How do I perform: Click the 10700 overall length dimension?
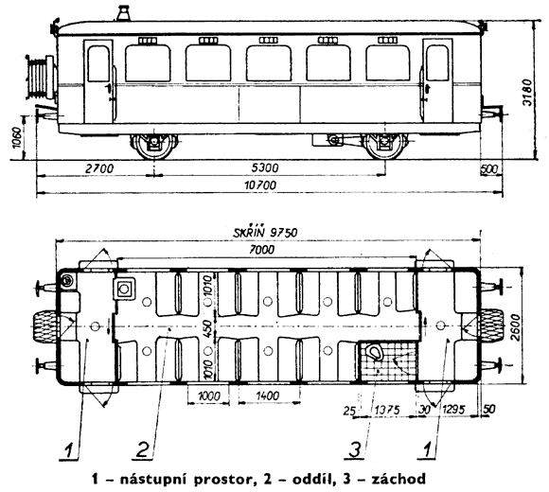pyautogui.click(x=260, y=185)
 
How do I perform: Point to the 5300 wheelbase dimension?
pyautogui.click(x=265, y=168)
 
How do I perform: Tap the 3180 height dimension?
pyautogui.click(x=527, y=93)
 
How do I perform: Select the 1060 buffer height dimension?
pyautogui.click(x=17, y=137)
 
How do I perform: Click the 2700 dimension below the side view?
pyautogui.click(x=99, y=168)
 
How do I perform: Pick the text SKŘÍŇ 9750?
pyautogui.click(x=265, y=232)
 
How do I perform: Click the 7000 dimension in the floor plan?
pyautogui.click(x=261, y=250)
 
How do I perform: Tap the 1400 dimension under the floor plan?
pyautogui.click(x=268, y=395)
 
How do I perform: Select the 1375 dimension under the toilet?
pyautogui.click(x=387, y=410)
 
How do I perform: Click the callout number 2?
pyautogui.click(x=143, y=449)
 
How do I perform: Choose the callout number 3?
pyautogui.click(x=355, y=449)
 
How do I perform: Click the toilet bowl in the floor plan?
pyautogui.click(x=375, y=352)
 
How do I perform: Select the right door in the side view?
pyautogui.click(x=437, y=80)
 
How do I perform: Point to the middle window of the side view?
pyautogui.click(x=269, y=63)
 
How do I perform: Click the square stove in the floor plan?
pyautogui.click(x=124, y=289)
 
